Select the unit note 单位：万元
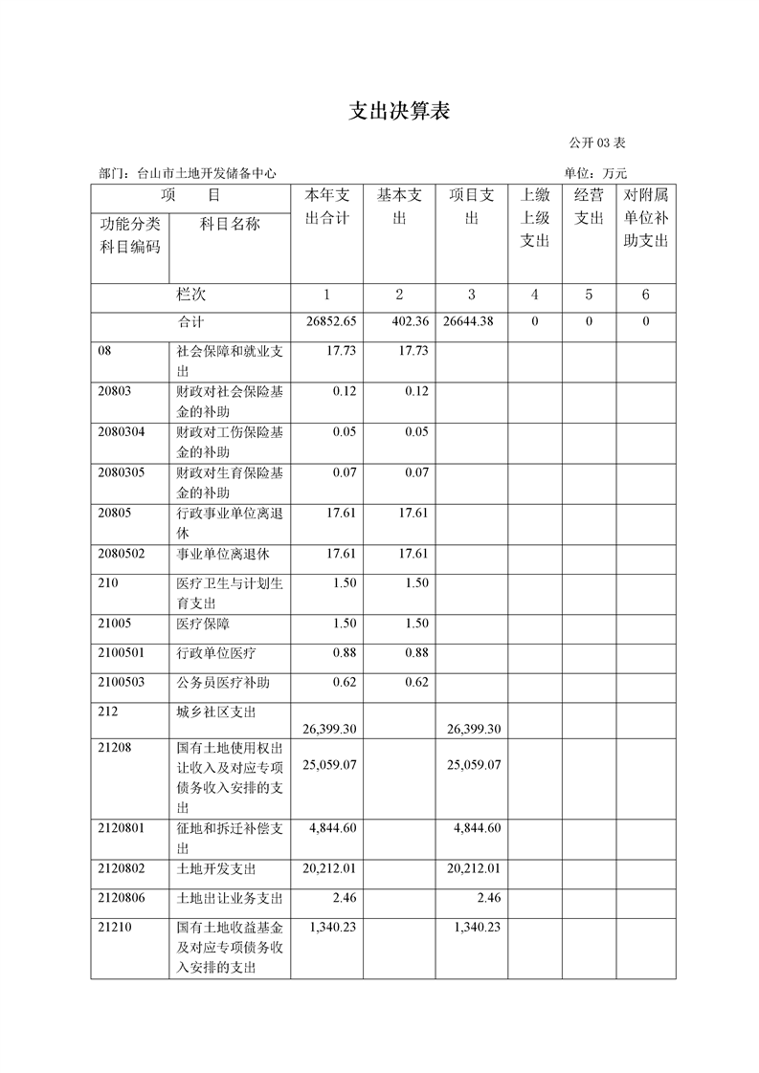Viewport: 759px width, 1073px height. coord(595,173)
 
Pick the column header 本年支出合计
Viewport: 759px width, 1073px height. coord(326,207)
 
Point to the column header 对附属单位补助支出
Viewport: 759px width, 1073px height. coord(645,218)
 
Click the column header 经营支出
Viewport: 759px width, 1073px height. coord(589,207)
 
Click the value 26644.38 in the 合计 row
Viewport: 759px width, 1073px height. coord(469,321)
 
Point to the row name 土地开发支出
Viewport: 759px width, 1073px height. coord(216,868)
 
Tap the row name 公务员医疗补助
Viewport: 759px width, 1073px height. coord(223,683)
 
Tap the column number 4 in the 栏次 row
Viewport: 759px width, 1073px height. coord(535,295)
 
